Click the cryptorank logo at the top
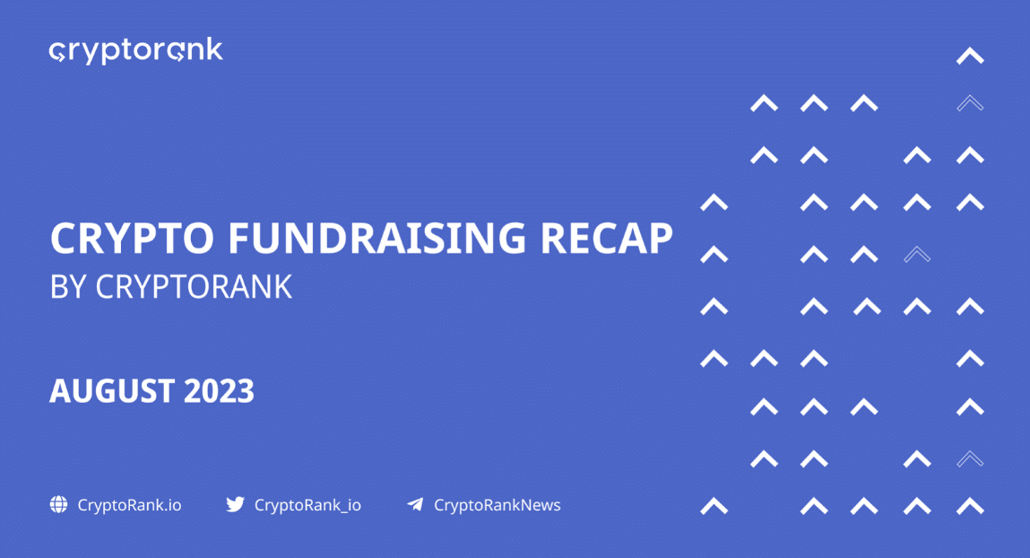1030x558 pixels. (136, 50)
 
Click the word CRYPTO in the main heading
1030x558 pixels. (132, 238)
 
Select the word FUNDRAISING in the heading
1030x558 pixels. (377, 238)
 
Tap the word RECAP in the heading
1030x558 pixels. (606, 238)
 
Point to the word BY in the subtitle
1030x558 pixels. (68, 287)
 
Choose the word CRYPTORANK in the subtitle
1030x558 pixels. (194, 287)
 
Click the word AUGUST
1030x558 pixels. (111, 391)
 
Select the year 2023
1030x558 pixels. (219, 391)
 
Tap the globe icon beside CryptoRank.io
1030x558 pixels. (58, 504)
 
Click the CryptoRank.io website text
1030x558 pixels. (129, 505)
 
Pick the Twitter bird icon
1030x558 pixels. (235, 504)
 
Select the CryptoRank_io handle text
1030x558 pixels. (307, 505)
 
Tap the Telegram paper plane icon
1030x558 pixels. (415, 504)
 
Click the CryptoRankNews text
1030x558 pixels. (498, 505)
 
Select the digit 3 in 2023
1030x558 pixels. (245, 391)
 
